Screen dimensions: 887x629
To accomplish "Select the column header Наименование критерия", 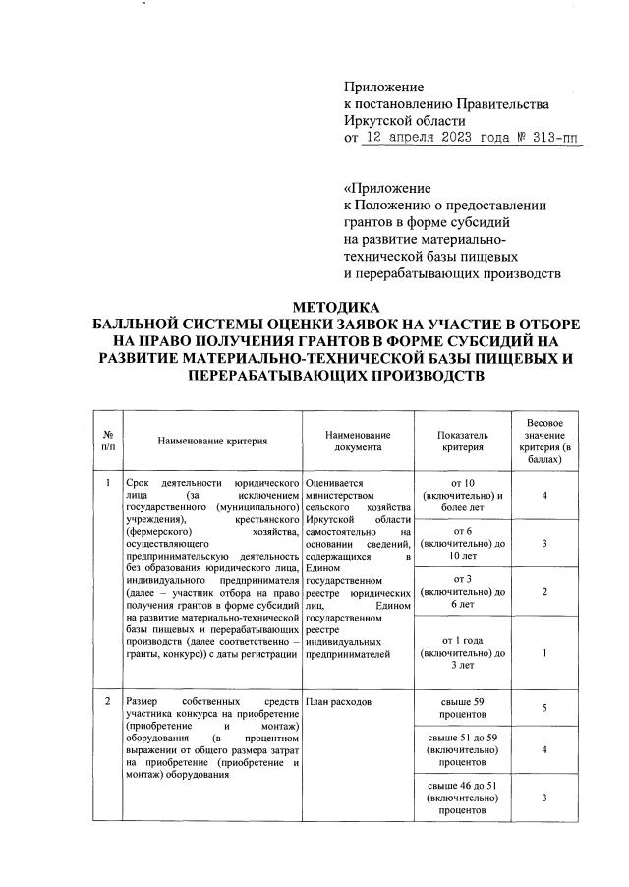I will (212, 442).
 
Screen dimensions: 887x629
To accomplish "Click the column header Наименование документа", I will (358, 442).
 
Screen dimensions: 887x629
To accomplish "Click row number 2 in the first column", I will (107, 701).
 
